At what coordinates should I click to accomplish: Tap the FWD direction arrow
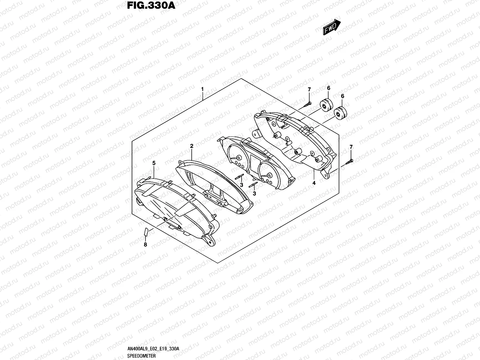pyautogui.click(x=331, y=27)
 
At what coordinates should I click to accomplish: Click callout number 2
pyautogui.click(x=192, y=146)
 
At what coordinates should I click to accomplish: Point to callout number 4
pyautogui.click(x=314, y=183)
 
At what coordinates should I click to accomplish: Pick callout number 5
pyautogui.click(x=154, y=163)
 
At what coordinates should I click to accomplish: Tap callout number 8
pyautogui.click(x=145, y=244)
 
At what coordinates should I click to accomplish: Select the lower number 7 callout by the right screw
pyautogui.click(x=351, y=147)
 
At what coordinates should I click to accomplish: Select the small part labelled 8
pyautogui.click(x=146, y=232)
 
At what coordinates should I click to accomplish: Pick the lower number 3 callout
pyautogui.click(x=254, y=193)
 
